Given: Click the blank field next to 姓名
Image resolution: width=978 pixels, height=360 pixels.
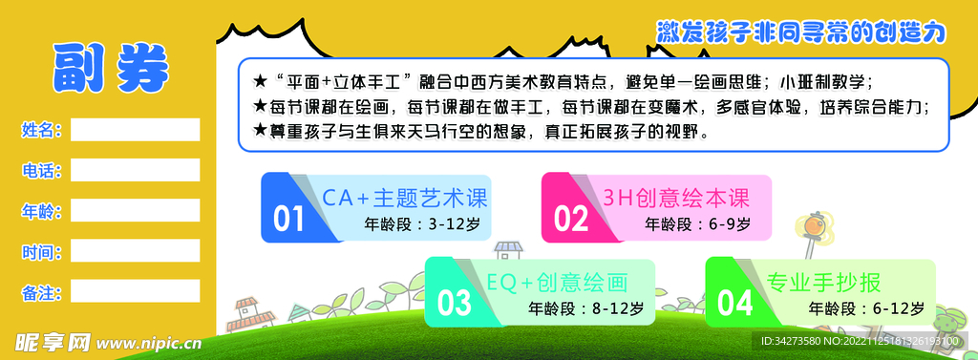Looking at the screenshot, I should click(135, 130).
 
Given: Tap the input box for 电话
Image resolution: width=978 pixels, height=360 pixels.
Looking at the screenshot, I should click(135, 170).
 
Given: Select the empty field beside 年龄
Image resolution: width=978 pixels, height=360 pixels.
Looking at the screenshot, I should click(135, 210).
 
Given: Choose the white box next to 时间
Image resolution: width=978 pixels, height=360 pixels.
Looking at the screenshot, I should click(135, 251).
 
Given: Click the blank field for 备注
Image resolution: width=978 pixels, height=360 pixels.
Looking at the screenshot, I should click(135, 291).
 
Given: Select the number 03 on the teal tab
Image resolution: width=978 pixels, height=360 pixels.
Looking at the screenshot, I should click(454, 304).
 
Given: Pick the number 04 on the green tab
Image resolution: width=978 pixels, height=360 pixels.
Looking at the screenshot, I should click(734, 304).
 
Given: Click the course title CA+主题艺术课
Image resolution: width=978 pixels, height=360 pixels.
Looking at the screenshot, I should click(404, 199).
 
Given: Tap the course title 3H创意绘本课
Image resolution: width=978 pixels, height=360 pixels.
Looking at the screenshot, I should click(674, 199).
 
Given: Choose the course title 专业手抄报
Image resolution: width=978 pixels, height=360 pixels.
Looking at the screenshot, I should click(822, 283).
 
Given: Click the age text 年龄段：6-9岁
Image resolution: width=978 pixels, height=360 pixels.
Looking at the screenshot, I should click(697, 225).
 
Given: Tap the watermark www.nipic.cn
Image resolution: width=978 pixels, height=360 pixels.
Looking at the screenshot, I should click(150, 342).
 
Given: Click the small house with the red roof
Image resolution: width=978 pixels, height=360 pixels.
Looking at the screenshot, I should click(250, 310).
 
